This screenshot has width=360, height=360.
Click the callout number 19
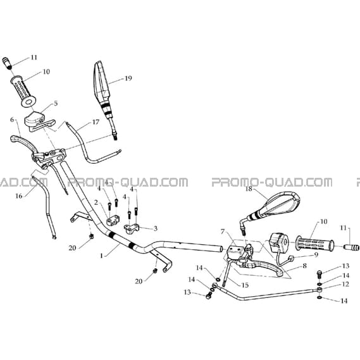[128, 78]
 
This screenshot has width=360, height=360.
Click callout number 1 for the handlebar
[101, 256]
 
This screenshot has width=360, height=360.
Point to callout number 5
[56, 104]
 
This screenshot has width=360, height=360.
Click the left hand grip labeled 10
[23, 91]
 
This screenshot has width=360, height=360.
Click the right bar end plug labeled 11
[351, 247]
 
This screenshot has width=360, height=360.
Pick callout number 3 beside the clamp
[156, 228]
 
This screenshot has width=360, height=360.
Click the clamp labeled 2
[113, 220]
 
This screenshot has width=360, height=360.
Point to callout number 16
[19, 196]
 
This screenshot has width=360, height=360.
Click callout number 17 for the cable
[96, 122]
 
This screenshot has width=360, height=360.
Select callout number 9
[316, 254]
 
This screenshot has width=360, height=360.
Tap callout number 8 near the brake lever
[305, 266]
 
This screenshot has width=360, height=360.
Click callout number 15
[245, 285]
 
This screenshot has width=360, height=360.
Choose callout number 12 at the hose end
[345, 284]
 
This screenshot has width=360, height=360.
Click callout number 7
[222, 232]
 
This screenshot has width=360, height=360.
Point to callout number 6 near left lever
[12, 120]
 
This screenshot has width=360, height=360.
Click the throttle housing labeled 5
[39, 121]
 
